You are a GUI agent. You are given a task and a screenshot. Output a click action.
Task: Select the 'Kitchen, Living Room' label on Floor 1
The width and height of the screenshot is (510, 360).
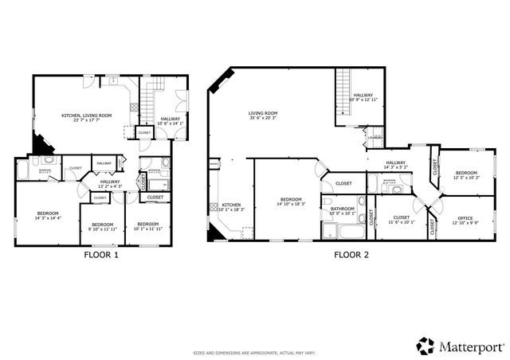tap(86, 118)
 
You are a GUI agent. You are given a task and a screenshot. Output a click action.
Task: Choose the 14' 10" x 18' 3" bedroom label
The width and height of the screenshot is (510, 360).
tap(290, 202)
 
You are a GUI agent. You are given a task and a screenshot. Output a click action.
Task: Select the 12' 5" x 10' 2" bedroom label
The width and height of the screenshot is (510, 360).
tap(466, 175)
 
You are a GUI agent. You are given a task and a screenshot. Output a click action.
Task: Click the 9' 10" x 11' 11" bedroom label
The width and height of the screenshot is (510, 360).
tap(102, 227)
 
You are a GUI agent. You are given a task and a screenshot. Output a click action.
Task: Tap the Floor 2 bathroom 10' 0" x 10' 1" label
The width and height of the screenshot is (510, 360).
tap(343, 211)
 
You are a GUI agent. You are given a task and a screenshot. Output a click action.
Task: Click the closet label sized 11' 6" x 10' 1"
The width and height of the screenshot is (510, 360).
tap(402, 220)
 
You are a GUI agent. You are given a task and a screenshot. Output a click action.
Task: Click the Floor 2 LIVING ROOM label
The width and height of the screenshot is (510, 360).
tap(261, 115)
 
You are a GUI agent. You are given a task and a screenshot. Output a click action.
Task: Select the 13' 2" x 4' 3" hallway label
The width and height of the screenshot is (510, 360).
tap(110, 184)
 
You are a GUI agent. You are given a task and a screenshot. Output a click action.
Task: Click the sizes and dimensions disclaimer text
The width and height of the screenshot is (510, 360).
tap(254, 351)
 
